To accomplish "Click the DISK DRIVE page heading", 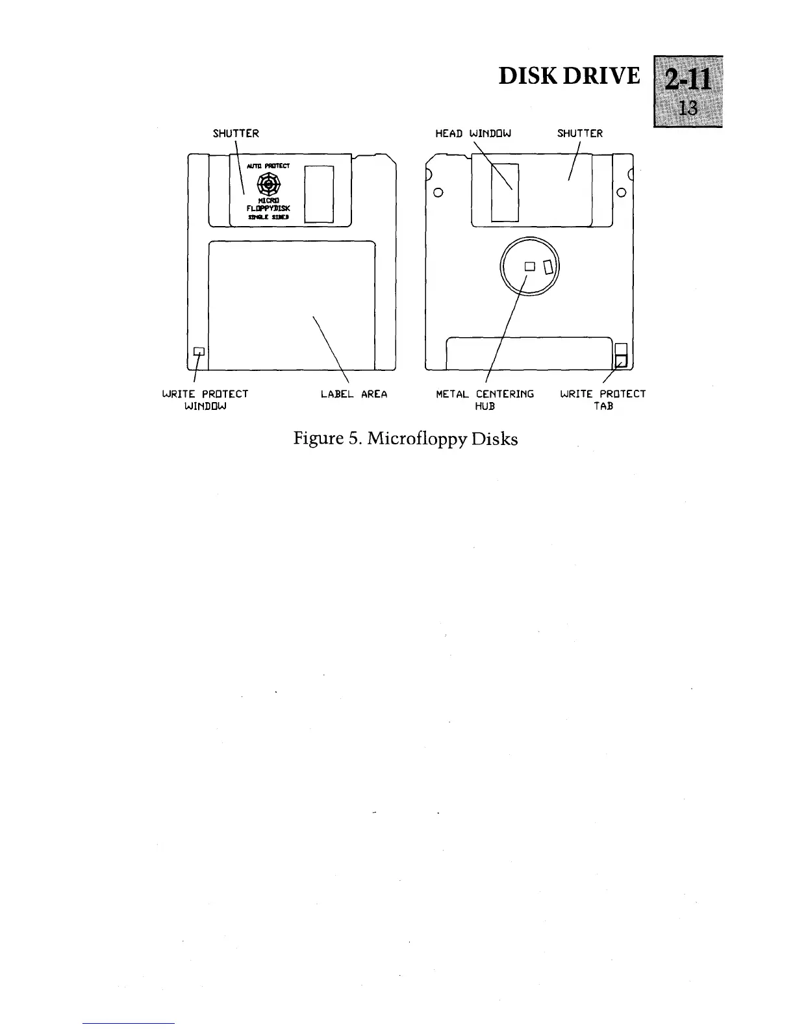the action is point(569,76).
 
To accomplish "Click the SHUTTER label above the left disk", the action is point(236,134).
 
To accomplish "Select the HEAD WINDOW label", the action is point(473,134).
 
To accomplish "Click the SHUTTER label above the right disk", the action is point(580,134).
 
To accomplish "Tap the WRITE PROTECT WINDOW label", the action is point(205,400).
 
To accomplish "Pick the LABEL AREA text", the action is point(354,394).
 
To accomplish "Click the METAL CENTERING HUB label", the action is point(485,400).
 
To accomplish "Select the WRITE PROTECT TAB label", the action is point(603,400).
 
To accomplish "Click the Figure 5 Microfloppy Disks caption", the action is point(406,438).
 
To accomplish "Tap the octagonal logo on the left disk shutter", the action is point(268,185).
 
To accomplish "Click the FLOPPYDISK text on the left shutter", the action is point(268,209).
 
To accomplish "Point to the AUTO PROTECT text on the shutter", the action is point(268,166).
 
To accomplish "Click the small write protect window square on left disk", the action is point(199,351).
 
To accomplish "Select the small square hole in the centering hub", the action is point(529,266).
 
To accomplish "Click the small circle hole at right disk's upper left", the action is point(438,192).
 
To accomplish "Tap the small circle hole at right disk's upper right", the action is point(621,192).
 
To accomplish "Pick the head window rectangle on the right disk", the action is point(505,192).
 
